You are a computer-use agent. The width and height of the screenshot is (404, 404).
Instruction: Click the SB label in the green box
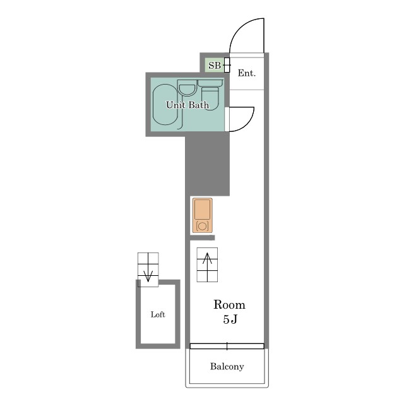coord(215,66)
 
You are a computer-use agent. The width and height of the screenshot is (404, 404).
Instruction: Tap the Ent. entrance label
coord(247,73)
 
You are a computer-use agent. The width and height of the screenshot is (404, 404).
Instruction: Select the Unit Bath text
coord(187,105)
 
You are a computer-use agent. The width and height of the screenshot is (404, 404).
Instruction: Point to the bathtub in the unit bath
coord(165,104)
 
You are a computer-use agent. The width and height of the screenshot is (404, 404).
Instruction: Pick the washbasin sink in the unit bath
coord(187,88)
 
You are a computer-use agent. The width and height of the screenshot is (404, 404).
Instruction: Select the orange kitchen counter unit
coord(202,215)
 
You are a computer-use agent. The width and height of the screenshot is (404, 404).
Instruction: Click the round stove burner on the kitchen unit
coord(202,226)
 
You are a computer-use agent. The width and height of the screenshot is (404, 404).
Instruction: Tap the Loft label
coord(158,314)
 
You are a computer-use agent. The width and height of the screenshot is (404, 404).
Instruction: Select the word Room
coord(229,305)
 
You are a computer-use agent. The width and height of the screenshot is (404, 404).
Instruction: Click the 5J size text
coord(230,319)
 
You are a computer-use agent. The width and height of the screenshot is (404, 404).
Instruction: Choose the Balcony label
coord(227,366)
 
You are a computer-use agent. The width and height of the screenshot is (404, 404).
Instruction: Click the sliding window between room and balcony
coord(227,346)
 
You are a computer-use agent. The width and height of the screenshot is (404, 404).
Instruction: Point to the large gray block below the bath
coord(208,164)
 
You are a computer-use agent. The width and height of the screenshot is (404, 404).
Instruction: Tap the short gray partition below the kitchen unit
coord(203,238)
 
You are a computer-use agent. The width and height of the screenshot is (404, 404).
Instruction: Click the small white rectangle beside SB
coord(227,65)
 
